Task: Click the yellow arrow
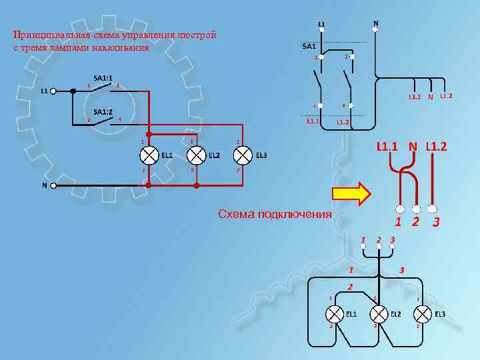pyautogui.click(x=351, y=193)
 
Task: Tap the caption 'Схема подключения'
pyautogui.click(x=275, y=214)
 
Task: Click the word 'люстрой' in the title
pyautogui.click(x=197, y=35)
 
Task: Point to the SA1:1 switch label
pyautogui.click(x=103, y=77)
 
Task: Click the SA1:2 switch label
pyautogui.click(x=103, y=111)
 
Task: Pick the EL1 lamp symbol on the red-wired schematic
pyautogui.click(x=149, y=155)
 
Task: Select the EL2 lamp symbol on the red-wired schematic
pyautogui.click(x=196, y=155)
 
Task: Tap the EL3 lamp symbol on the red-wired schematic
pyautogui.click(x=243, y=155)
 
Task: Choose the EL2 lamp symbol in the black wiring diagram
pyautogui.click(x=378, y=313)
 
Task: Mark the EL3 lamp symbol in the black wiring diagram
pyautogui.click(x=422, y=313)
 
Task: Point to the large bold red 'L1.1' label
pyautogui.click(x=389, y=146)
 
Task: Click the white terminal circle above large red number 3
pyautogui.click(x=433, y=207)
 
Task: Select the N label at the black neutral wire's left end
pyautogui.click(x=45, y=185)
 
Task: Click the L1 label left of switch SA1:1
pyautogui.click(x=44, y=90)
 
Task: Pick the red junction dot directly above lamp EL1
pyautogui.click(x=149, y=133)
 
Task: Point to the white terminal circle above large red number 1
pyautogui.click(x=400, y=207)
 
